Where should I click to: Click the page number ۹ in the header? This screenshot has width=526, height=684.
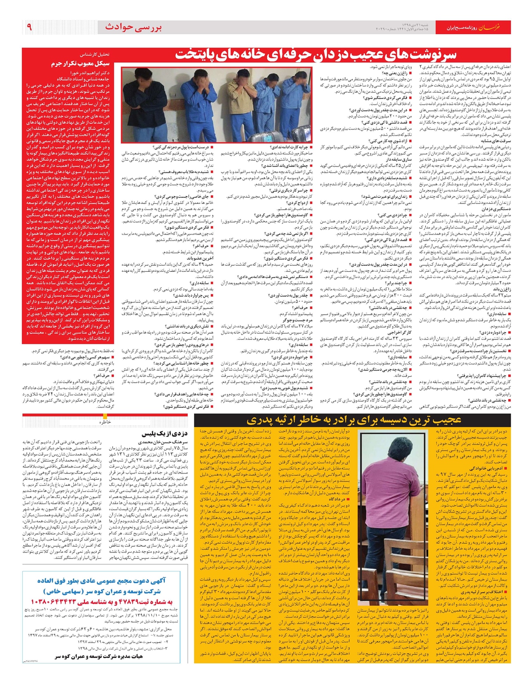pyautogui.click(x=29, y=27)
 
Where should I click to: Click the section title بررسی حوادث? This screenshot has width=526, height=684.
pyautogui.click(x=133, y=27)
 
